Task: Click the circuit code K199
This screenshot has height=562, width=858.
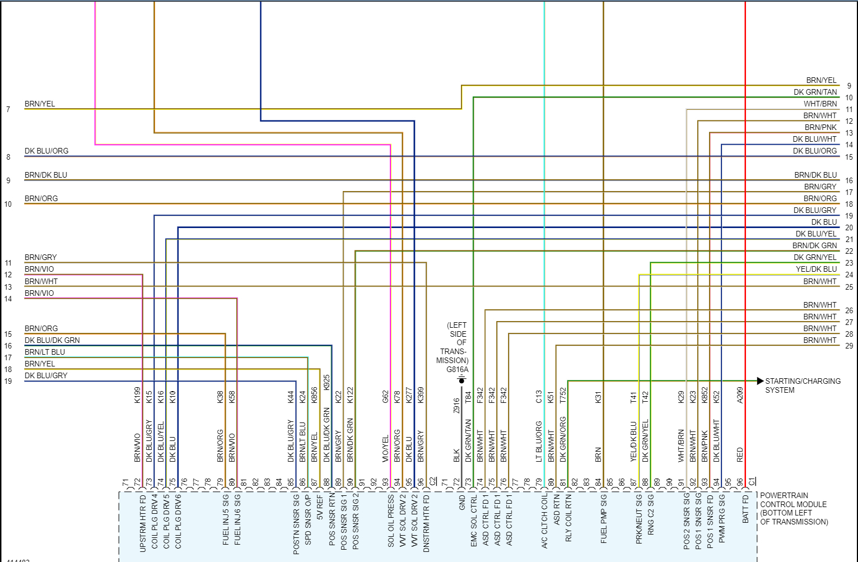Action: tap(137, 395)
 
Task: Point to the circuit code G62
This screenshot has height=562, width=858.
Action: tap(385, 397)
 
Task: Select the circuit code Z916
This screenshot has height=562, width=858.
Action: tap(456, 405)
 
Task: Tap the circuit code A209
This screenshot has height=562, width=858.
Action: tap(740, 395)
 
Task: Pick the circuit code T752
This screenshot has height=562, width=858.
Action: tap(563, 395)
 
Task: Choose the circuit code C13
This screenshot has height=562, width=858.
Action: tap(539, 397)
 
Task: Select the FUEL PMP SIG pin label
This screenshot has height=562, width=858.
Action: tap(604, 519)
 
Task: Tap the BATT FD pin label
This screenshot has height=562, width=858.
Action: tap(745, 509)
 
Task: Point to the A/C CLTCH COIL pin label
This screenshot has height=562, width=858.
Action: tap(544, 521)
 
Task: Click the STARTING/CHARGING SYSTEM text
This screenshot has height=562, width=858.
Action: tap(803, 385)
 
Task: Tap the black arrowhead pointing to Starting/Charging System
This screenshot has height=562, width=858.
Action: tap(760, 381)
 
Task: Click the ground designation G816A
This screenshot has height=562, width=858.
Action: tap(457, 370)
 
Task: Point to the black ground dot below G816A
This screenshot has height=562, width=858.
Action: tap(461, 381)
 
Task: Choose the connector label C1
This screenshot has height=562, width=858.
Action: tap(752, 481)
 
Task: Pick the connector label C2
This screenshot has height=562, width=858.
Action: tap(432, 481)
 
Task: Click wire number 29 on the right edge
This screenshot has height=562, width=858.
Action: tap(849, 346)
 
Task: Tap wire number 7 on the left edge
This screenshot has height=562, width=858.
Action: tap(8, 109)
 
